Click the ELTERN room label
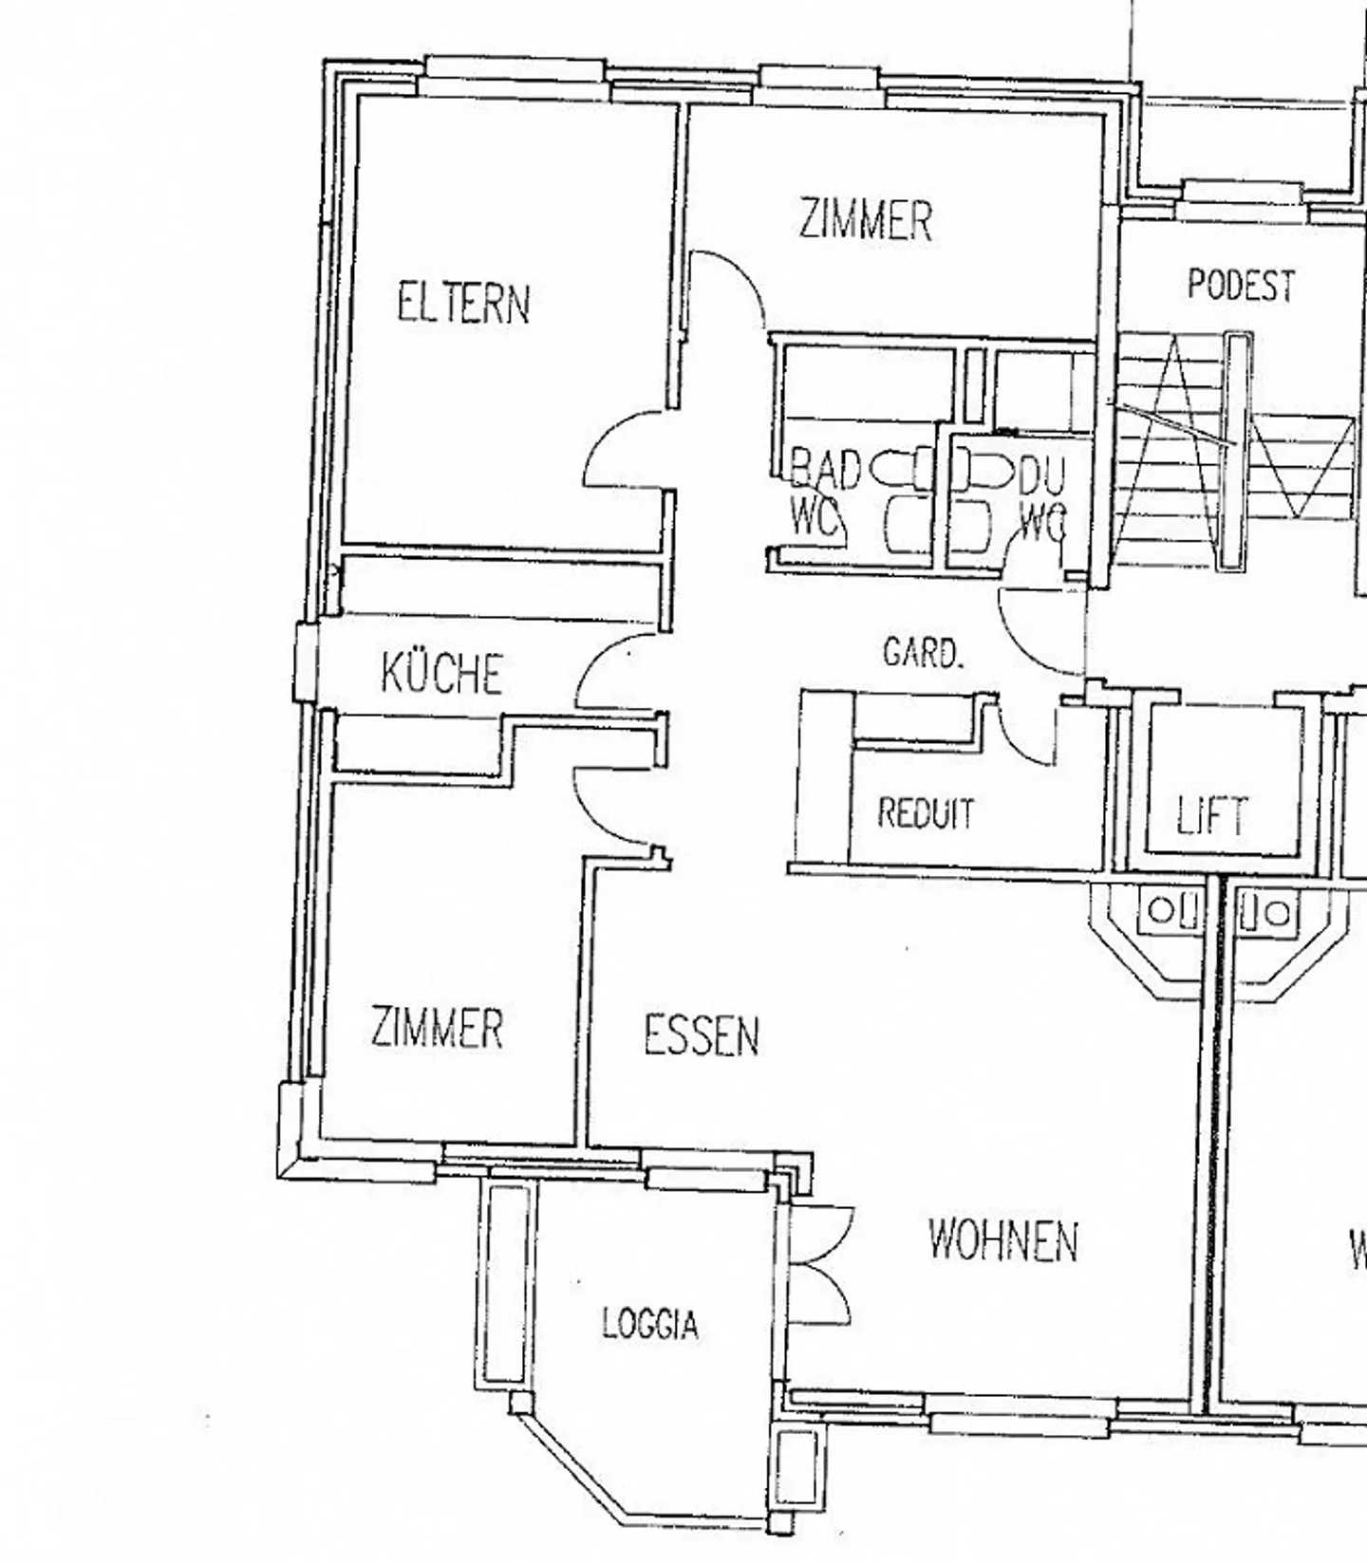click(x=462, y=305)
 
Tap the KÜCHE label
click(x=441, y=673)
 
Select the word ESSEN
click(x=702, y=1035)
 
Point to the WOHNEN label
click(x=1002, y=1240)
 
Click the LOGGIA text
click(x=650, y=1324)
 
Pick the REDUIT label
click(x=926, y=814)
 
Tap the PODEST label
click(x=1241, y=285)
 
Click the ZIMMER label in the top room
click(x=865, y=219)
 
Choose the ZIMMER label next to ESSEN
click(x=437, y=1028)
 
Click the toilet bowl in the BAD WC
click(x=889, y=469)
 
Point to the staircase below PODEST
click(x=1234, y=456)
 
